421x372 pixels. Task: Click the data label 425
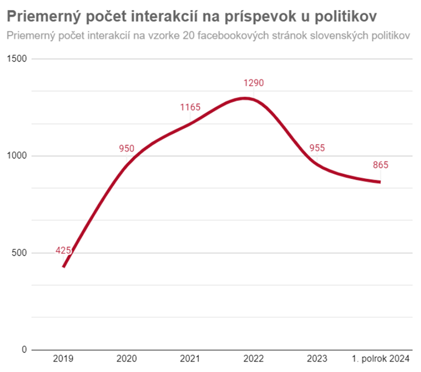63,250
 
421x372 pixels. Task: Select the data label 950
127,149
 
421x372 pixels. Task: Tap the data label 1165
190,107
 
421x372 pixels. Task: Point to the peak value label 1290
253,83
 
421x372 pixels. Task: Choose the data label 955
317,148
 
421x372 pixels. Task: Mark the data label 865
380,165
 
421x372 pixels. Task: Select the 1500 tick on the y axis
17,59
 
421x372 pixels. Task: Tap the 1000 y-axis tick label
17,156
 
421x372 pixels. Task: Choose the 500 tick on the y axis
19,253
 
